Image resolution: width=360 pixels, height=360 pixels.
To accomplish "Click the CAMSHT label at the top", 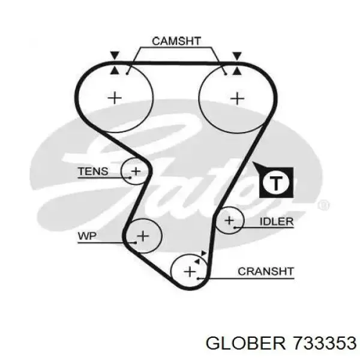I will pos(176,41).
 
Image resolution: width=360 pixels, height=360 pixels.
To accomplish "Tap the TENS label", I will pos(93,172).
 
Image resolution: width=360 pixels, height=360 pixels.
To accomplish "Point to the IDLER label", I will pos(276,221).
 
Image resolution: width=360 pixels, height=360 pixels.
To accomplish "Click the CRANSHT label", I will pos(266,271).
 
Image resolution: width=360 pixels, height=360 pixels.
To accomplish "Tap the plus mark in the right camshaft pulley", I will pos(238,97).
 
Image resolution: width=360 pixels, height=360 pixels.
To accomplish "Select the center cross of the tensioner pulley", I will pos(136,172).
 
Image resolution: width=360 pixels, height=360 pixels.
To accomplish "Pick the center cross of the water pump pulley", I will pos(143,236).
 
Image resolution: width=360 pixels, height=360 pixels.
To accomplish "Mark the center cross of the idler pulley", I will pos(229,221).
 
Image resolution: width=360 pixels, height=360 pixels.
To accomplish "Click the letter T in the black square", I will pos(275,182).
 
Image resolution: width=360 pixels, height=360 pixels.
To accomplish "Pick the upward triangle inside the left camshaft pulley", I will pos(115,70).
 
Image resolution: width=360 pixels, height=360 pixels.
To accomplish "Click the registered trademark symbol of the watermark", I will pos(324,206).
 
